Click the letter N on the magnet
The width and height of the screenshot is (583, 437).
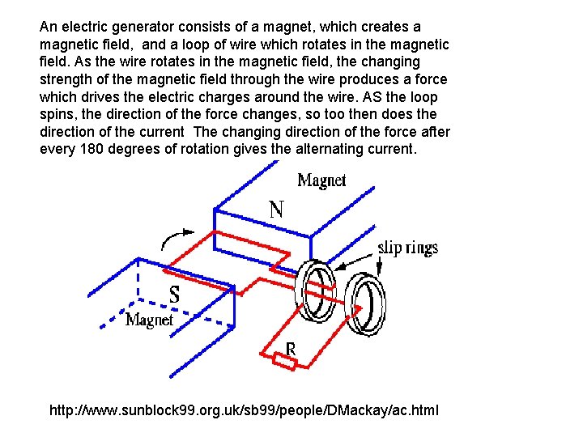coord(276,209)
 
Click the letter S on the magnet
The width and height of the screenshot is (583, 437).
coord(174,295)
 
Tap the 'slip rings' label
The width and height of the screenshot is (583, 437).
coord(408,248)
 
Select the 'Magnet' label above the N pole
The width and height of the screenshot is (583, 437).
coord(321,180)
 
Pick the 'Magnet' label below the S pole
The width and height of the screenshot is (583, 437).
coord(149,320)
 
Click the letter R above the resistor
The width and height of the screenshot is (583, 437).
coord(291,349)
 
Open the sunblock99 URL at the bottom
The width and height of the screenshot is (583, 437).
coord(244,410)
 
